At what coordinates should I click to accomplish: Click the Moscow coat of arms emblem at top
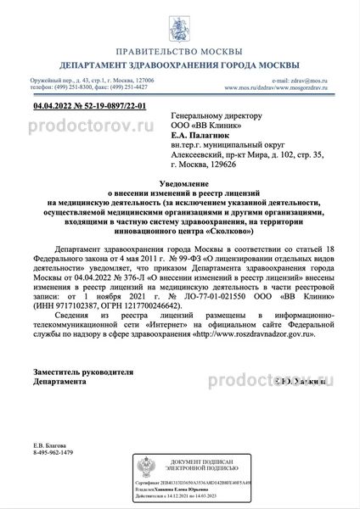pos(179,19)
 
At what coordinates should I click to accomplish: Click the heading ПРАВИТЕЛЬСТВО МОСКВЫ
pos(179,48)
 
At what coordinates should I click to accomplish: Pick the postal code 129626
pos(242,161)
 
